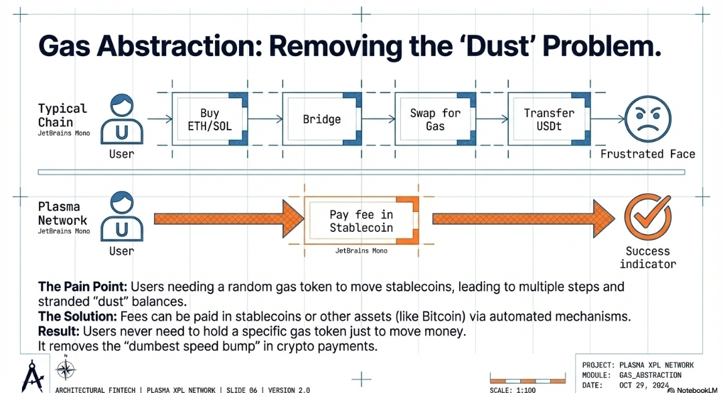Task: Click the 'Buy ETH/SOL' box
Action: (x=210, y=120)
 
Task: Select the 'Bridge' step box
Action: (x=322, y=120)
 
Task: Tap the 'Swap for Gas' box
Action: (x=435, y=120)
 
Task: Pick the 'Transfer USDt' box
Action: (x=549, y=120)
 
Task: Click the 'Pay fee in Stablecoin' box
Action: (x=361, y=221)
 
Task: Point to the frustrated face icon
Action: (x=647, y=119)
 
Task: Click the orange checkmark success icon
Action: (x=647, y=219)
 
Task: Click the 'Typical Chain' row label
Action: (x=62, y=115)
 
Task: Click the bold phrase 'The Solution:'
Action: (x=77, y=315)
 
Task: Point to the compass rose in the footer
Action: (x=66, y=370)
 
